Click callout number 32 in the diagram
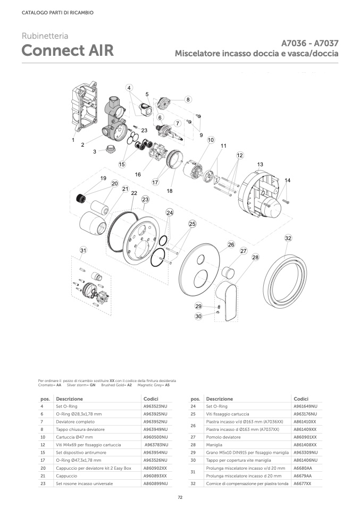(288, 238)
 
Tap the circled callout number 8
(188, 99)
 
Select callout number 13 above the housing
(260, 165)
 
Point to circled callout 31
(83, 250)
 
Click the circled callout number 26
(231, 244)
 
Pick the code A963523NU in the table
(155, 406)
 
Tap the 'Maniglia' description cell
(215, 444)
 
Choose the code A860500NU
(155, 437)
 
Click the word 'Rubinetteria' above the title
(45, 36)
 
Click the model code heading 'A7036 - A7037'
(310, 43)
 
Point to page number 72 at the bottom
(180, 497)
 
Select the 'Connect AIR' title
(68, 50)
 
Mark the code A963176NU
(305, 413)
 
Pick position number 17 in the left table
(41, 460)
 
